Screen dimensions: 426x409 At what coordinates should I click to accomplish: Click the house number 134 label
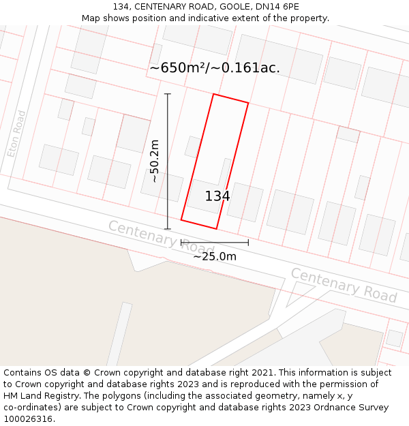click(217, 196)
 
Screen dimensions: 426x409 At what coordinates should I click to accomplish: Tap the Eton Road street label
click(17, 134)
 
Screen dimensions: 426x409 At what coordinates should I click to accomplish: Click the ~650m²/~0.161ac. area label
click(215, 67)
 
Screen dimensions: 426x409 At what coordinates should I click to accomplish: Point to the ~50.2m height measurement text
click(154, 161)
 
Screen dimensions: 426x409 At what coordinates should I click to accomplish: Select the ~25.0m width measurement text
click(215, 256)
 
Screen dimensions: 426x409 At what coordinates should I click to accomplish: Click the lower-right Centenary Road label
click(344, 285)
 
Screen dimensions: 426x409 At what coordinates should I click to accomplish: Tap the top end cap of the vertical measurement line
click(168, 94)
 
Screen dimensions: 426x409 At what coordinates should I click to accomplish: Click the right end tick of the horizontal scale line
click(248, 242)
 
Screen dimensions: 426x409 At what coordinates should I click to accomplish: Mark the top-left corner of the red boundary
click(213, 94)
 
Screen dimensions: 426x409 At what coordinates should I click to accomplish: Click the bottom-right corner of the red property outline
click(216, 229)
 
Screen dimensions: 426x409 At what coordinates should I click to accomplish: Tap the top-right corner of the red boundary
click(248, 104)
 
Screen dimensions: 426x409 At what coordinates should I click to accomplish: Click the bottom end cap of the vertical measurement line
click(168, 229)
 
